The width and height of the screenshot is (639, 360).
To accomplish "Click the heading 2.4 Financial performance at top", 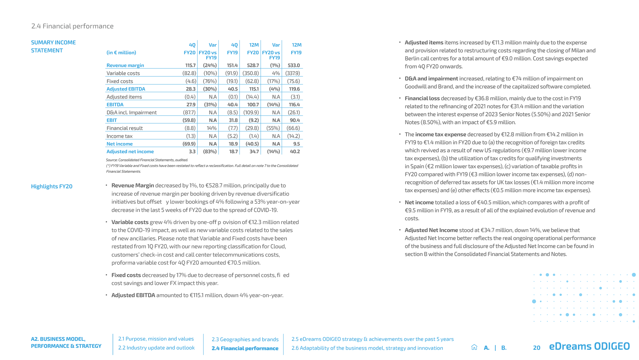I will coord(72,26).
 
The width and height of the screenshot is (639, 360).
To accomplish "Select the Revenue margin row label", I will coord(125,65).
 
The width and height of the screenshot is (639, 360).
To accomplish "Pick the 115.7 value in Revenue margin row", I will coord(190,65).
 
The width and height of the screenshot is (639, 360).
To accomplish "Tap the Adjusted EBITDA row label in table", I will coord(126,89).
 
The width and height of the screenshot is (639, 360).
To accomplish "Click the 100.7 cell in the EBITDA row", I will coord(253,105).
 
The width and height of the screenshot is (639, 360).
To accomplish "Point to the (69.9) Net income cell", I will coord(189,144).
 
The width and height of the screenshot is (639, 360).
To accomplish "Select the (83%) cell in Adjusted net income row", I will coord(210,152).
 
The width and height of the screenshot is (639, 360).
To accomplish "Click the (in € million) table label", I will coord(121,53).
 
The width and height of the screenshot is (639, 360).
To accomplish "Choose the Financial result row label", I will coord(124,128).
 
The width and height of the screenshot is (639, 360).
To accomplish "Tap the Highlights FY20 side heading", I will coord(52,186).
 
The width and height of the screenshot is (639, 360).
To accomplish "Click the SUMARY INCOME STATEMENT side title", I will coord(53,47).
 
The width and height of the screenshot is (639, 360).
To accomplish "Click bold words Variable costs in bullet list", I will coord(130,222).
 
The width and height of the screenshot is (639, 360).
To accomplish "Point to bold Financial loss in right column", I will coord(422,98).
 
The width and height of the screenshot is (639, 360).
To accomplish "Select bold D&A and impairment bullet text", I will coord(431,79).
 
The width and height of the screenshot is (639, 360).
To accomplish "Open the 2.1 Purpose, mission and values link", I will coord(156,339).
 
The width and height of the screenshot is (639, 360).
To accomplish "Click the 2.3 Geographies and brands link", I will coord(245,340).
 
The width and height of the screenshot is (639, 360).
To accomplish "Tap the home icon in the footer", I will coord(474,347).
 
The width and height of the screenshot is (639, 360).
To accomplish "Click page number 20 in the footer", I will coord(537,348).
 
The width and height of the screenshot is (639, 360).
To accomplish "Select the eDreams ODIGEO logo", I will coord(589,346).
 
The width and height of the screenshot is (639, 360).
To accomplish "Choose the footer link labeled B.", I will coord(504,348).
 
